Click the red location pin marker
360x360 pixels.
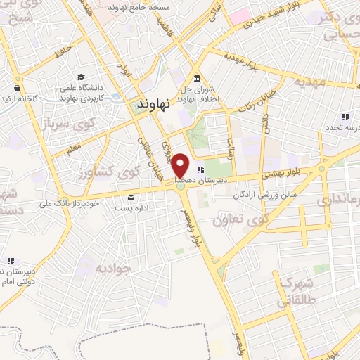[x=181, y=165]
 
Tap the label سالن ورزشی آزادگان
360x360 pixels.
[x=265, y=193]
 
